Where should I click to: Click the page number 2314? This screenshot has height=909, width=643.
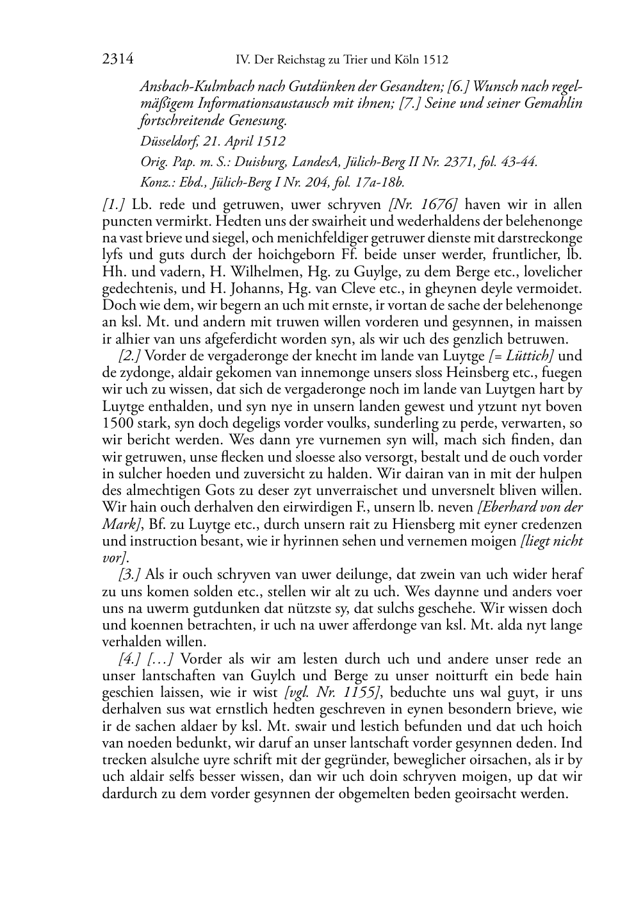(x=117, y=60)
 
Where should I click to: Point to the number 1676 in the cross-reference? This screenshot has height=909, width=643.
(x=437, y=205)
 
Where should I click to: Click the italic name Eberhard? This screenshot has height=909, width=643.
(x=506, y=507)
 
